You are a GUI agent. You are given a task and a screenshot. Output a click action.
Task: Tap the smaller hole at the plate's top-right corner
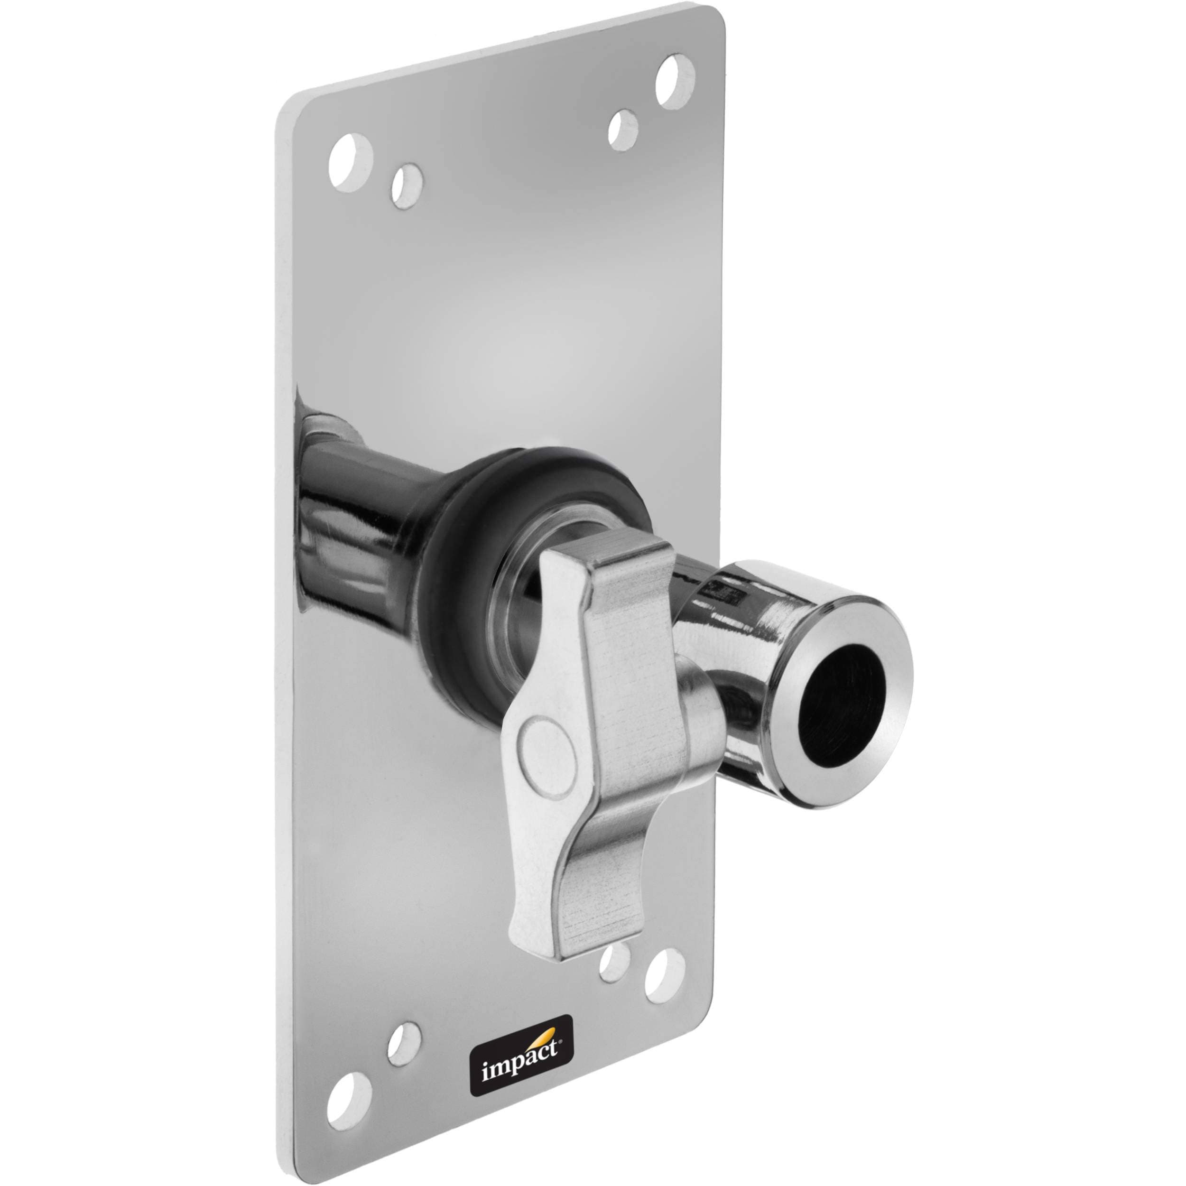tap(623, 130)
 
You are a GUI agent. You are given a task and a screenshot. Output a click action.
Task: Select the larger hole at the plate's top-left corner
tap(351, 163)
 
